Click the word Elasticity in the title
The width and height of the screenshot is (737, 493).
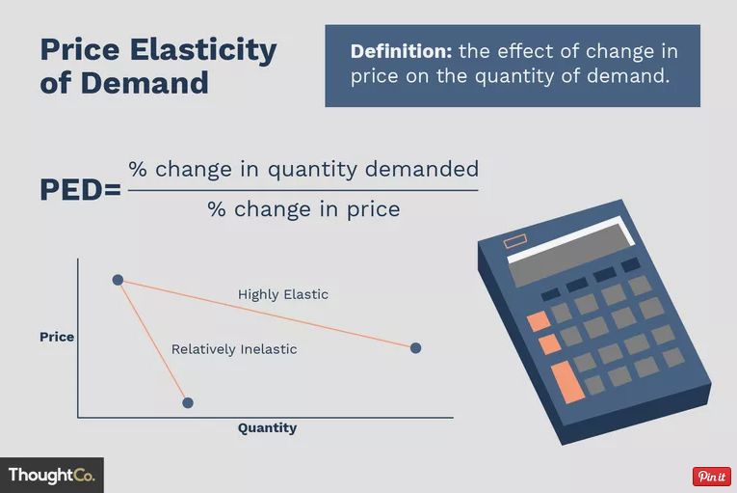pos(203,50)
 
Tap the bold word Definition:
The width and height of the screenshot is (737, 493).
pos(401,51)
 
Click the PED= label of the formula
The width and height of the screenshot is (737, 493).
pos(80,190)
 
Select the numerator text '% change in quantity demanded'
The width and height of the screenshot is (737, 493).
pos(303,170)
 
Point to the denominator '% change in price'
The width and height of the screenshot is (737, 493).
pos(303,209)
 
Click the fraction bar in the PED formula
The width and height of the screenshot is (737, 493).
pos(303,190)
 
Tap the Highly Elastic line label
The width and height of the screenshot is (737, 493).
pos(283,295)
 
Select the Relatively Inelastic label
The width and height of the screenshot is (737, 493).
pos(234,349)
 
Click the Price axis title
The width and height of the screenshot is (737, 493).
pos(57,337)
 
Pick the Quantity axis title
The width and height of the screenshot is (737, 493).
pos(267,428)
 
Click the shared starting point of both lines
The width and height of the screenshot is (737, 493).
pos(118,280)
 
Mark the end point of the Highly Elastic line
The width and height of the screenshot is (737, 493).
pos(415,348)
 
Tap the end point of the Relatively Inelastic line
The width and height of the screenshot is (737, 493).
pos(188,402)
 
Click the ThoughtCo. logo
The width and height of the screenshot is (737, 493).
pos(52,475)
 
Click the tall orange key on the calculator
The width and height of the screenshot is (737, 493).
pos(567,382)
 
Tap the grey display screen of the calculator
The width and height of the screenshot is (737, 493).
pos(571,256)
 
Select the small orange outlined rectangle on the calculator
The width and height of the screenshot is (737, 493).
pos(515,241)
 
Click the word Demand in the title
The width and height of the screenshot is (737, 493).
pos(145,83)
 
